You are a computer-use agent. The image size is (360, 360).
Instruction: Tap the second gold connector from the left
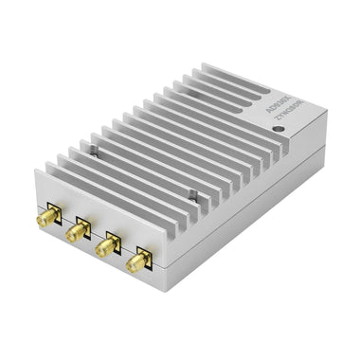(x=77, y=231)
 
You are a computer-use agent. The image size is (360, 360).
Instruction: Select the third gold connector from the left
(x=108, y=244)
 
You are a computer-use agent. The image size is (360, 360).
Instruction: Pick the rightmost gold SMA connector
(x=139, y=260)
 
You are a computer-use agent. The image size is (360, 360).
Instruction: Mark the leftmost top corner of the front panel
(x=35, y=171)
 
